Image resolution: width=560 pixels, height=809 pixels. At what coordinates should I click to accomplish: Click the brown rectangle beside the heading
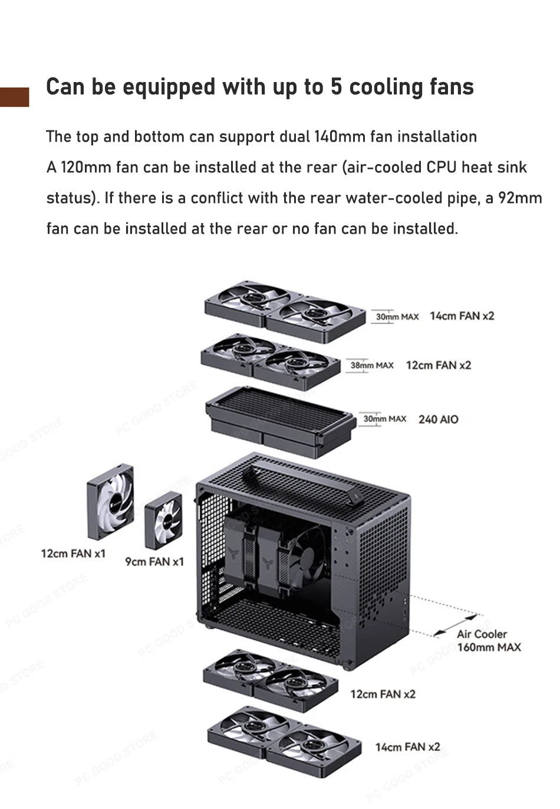click(x=14, y=97)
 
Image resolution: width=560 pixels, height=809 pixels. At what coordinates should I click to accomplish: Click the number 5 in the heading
click(x=335, y=87)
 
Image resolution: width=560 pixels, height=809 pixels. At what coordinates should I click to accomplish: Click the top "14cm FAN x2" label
click(x=462, y=316)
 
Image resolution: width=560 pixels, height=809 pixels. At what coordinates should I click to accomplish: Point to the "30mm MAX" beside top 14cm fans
click(x=396, y=317)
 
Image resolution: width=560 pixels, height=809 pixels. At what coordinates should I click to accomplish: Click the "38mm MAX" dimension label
click(x=371, y=366)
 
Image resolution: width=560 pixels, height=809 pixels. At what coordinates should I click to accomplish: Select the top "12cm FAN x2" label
click(x=439, y=366)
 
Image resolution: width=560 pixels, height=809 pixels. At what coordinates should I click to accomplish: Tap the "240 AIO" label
click(x=438, y=420)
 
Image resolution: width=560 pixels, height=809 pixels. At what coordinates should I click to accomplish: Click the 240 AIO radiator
click(x=279, y=420)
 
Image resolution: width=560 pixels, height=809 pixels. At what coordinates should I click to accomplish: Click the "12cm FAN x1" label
click(x=73, y=553)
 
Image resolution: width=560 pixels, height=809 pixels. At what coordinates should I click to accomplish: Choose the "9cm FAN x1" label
click(x=154, y=562)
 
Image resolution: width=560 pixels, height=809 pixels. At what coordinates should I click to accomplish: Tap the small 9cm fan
click(x=163, y=520)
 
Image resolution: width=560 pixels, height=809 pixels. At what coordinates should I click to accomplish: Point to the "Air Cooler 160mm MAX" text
click(x=488, y=641)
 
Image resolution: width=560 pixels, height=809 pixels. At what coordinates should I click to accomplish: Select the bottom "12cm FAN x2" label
click(x=383, y=695)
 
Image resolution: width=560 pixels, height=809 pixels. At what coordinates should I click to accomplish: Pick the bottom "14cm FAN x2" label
click(x=407, y=748)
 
